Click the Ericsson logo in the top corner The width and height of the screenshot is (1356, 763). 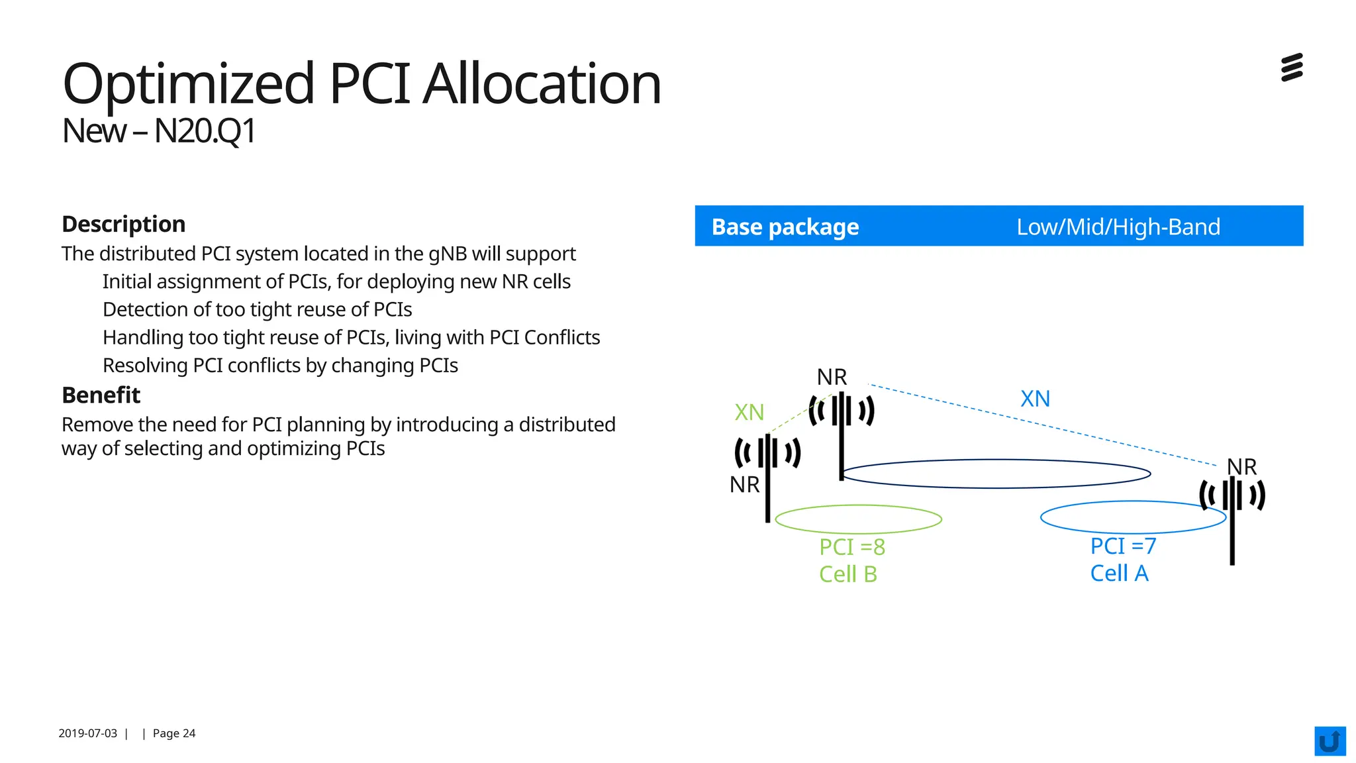(x=1292, y=68)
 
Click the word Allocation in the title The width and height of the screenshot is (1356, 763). (x=542, y=84)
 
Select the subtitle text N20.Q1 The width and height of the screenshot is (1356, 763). (x=205, y=131)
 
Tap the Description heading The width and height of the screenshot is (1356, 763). (x=123, y=224)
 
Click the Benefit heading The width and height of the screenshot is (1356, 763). (x=101, y=395)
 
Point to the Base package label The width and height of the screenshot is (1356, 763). (x=785, y=227)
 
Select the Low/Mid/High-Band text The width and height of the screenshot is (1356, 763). (x=1118, y=227)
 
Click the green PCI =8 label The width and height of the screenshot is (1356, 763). (x=852, y=547)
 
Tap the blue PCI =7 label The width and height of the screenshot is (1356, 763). (x=1123, y=546)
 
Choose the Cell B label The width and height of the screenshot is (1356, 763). (x=848, y=574)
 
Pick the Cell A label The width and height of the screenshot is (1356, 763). (x=1119, y=573)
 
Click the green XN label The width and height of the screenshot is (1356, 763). (x=750, y=413)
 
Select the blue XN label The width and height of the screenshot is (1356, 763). (x=1035, y=399)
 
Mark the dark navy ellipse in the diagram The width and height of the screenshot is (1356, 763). (x=996, y=487)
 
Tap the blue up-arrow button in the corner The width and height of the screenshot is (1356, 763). (x=1330, y=741)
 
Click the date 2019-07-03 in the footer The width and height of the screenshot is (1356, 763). (x=87, y=733)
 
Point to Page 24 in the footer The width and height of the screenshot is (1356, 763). (x=174, y=733)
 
